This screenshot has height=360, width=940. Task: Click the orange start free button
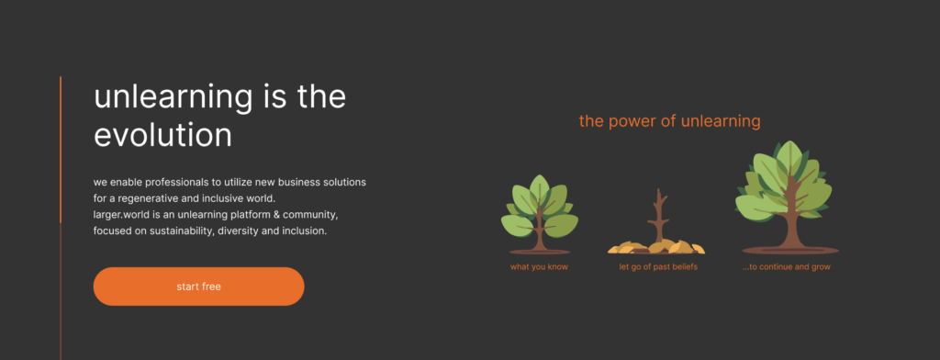pyautogui.click(x=198, y=287)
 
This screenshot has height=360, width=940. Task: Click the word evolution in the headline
pyautogui.click(x=162, y=135)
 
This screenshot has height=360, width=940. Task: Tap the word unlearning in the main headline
pyautogui.click(x=173, y=97)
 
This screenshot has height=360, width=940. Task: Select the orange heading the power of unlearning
pyautogui.click(x=669, y=121)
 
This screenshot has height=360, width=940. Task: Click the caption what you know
pyautogui.click(x=539, y=267)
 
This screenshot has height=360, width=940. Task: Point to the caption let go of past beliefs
pyautogui.click(x=658, y=267)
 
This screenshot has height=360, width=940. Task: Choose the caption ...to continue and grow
pyautogui.click(x=787, y=267)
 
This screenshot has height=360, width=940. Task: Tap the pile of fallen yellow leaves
pyautogui.click(x=656, y=247)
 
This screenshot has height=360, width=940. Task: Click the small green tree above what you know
pyautogui.click(x=540, y=214)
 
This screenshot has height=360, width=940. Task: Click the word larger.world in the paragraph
pyautogui.click(x=120, y=214)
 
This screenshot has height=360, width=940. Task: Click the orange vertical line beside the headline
pyautogui.click(x=61, y=150)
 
